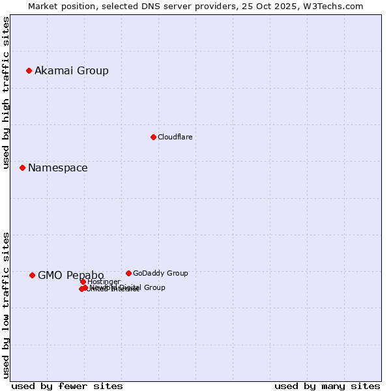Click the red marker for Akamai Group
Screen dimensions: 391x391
pyautogui.click(x=29, y=70)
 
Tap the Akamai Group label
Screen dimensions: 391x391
pyautogui.click(x=72, y=70)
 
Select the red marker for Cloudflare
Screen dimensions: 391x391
pyautogui.click(x=153, y=137)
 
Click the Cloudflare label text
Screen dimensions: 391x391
pyautogui.click(x=175, y=137)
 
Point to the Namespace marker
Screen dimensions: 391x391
pyautogui.click(x=22, y=167)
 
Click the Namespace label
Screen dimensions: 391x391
pyautogui.click(x=57, y=167)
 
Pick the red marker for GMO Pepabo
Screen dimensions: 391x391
pyautogui.click(x=32, y=275)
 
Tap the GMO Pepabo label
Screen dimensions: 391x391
pyautogui.click(x=70, y=275)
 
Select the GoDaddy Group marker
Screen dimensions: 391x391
pyautogui.click(x=128, y=273)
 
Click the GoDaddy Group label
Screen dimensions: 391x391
pyautogui.click(x=160, y=273)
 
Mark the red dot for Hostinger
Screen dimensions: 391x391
pyautogui.click(x=83, y=282)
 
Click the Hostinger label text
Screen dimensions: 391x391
pyautogui.click(x=104, y=282)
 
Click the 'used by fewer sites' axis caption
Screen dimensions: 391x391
pyautogui.click(x=67, y=386)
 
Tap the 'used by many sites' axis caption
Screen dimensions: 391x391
pyautogui.click(x=327, y=386)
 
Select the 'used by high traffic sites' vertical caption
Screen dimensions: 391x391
pyautogui.click(x=6, y=93)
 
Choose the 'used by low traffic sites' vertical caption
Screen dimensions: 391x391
pyautogui.click(x=6, y=304)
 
